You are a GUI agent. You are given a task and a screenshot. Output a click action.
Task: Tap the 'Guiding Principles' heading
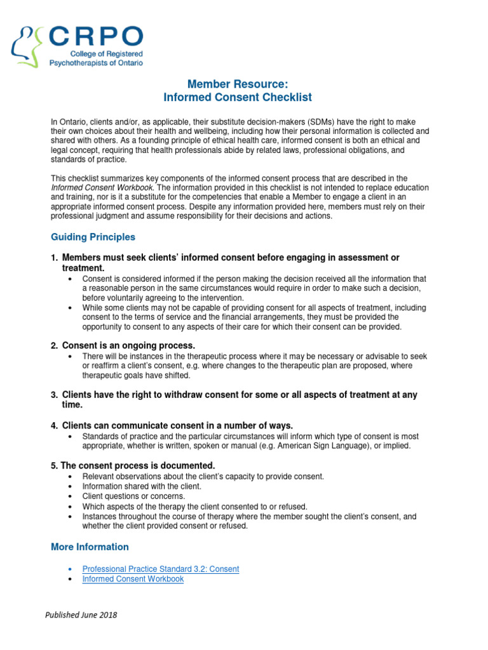93,237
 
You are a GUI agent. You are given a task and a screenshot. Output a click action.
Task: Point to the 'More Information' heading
90,547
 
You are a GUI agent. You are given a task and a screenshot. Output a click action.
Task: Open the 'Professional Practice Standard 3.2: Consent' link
161,569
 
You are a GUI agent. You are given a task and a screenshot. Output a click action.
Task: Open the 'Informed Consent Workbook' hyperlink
133,579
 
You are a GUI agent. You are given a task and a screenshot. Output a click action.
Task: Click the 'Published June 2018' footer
81,615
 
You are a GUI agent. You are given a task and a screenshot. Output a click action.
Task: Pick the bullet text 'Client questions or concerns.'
133,496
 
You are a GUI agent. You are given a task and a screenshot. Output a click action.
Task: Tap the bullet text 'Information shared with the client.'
142,486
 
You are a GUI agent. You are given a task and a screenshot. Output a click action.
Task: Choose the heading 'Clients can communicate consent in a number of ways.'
177,425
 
